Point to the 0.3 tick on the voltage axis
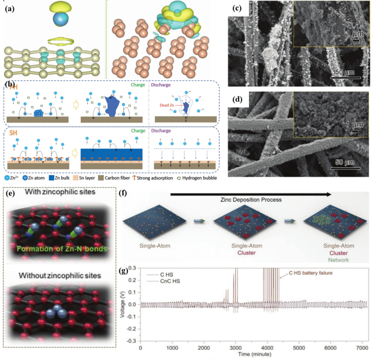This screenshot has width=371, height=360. (134, 268)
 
